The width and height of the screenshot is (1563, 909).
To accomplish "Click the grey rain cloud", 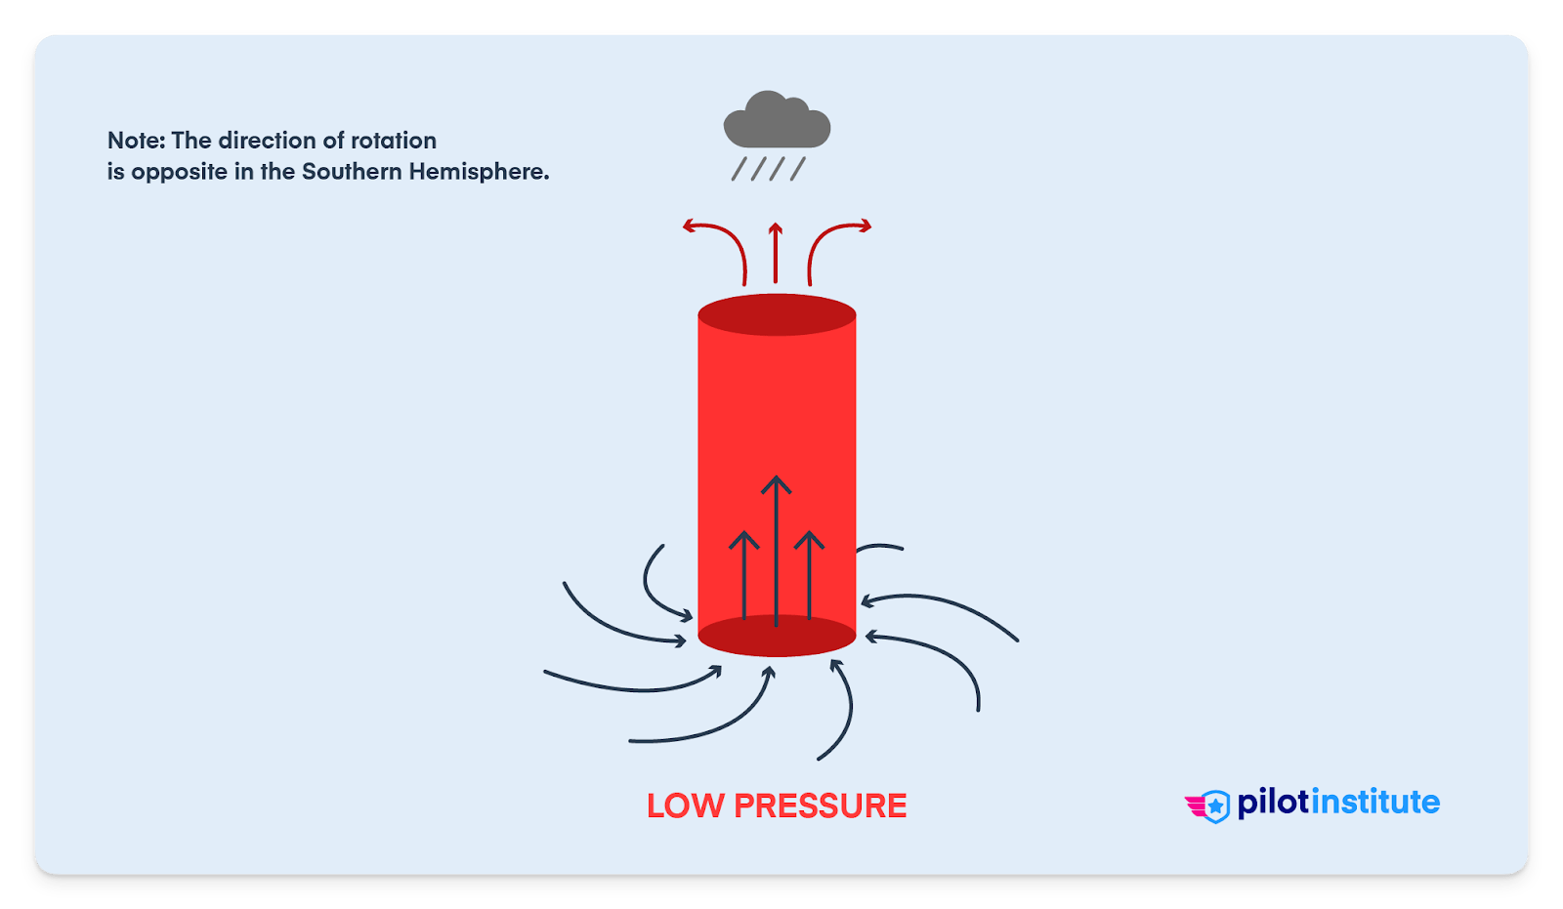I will [777, 122].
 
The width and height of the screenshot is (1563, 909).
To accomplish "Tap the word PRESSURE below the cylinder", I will [821, 806].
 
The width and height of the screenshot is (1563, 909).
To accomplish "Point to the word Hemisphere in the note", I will [479, 172].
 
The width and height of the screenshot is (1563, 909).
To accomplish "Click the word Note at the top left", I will [136, 141].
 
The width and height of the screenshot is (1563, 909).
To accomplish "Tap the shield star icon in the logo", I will [1215, 806].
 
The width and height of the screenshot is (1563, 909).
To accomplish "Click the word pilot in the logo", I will [1273, 803].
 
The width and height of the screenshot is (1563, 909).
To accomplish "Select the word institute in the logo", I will [1374, 803].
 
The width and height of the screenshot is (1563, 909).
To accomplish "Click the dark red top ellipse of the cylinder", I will [777, 314].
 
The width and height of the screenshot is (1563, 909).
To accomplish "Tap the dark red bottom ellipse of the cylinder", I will [777, 637].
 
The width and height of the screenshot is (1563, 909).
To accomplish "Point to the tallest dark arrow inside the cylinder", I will [777, 547].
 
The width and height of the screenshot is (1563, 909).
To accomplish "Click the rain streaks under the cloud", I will [769, 169].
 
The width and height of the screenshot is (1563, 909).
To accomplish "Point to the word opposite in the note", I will [179, 173].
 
